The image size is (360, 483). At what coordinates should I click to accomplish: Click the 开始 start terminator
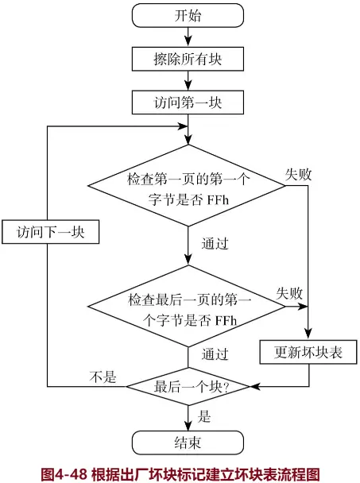coord(188,15)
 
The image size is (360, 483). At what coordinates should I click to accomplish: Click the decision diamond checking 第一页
coord(188,187)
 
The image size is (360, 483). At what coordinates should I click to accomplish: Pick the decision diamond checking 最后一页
coord(188,309)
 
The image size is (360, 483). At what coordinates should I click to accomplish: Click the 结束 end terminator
coord(188,442)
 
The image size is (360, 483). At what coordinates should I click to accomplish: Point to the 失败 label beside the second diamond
coord(289,293)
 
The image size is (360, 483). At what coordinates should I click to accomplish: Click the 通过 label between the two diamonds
coord(216,243)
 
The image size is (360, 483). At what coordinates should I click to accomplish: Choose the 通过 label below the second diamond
coord(216,354)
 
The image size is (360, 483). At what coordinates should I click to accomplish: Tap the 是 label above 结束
coord(203,415)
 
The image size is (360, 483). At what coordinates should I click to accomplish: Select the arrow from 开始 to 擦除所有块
coord(188,36)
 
